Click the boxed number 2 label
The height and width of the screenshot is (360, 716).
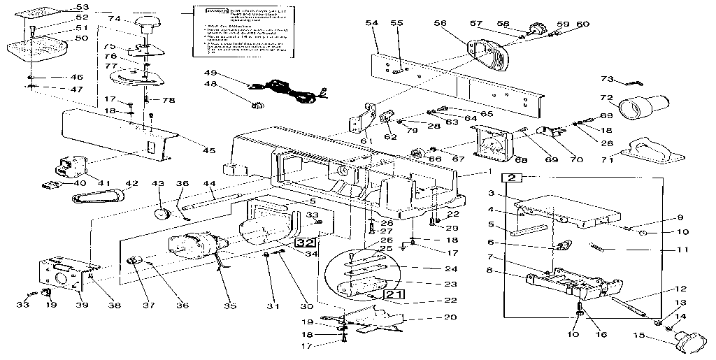click(512, 178)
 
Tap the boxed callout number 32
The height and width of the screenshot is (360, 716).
click(304, 243)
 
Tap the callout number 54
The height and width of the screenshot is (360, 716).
click(372, 24)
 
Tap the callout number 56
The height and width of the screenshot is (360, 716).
click(440, 23)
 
